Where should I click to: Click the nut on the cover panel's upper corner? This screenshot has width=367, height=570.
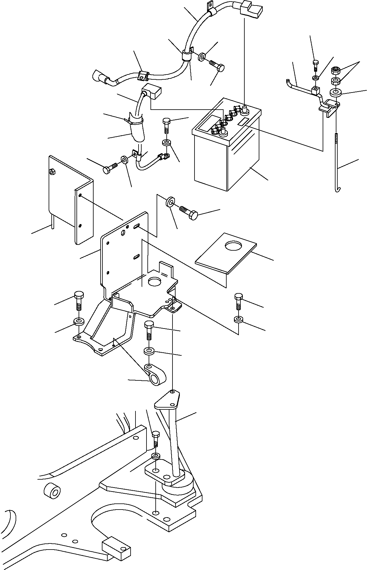(52, 172)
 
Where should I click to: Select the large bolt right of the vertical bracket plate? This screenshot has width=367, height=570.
(191, 214)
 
